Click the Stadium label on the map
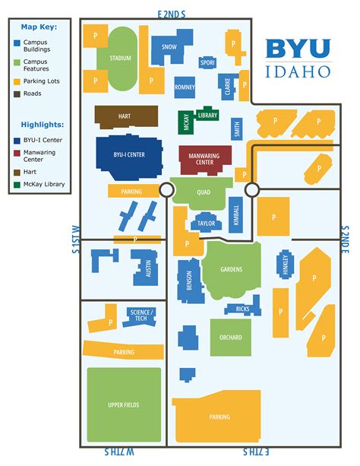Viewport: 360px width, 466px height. [120, 59]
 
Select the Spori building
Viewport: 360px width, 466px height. [207, 62]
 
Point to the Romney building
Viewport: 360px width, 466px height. [185, 87]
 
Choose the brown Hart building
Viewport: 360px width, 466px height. [125, 116]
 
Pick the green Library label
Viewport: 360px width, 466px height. [207, 115]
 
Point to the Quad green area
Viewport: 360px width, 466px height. [203, 192]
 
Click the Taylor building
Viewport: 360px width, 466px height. [205, 223]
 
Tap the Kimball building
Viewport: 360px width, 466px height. [235, 215]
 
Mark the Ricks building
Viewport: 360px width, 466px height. [242, 309]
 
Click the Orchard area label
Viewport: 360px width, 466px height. [230, 338]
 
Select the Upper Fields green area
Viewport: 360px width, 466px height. [124, 404]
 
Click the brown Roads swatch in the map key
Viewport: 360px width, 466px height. [17, 94]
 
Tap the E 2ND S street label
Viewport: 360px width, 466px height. [172, 14]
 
